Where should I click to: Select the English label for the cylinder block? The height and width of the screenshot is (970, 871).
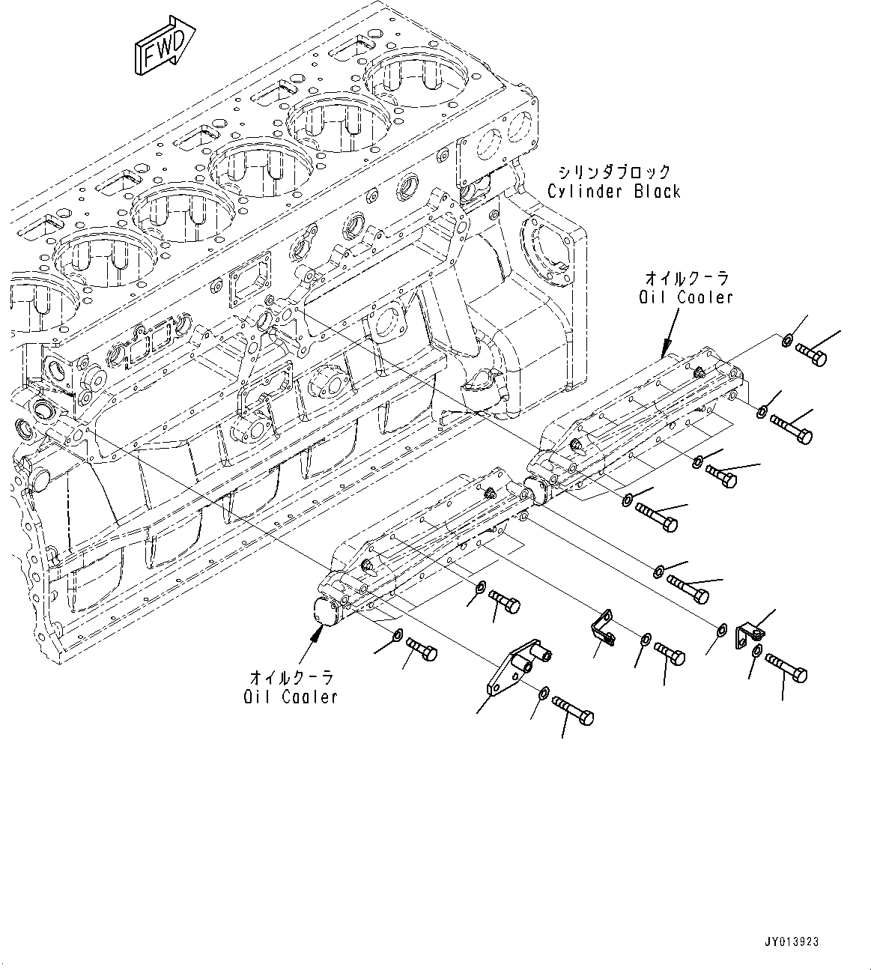[x=613, y=191]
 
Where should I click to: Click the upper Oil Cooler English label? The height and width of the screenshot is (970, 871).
[x=685, y=297]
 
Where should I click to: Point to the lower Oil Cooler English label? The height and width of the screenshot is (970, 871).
[x=291, y=697]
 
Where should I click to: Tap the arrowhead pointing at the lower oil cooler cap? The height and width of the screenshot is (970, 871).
[x=319, y=633]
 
